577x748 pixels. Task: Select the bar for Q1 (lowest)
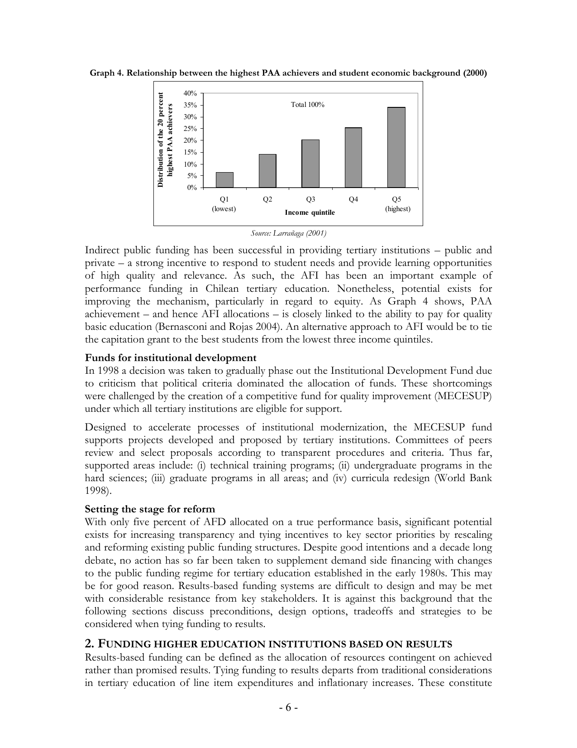pyautogui.click(x=224, y=180)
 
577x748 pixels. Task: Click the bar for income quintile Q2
pyautogui.click(x=267, y=171)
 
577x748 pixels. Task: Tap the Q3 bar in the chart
pyautogui.click(x=310, y=164)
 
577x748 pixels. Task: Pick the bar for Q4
pyautogui.click(x=353, y=158)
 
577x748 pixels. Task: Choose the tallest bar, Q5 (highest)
pyautogui.click(x=396, y=147)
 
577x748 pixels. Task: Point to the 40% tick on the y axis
pyautogui.click(x=190, y=93)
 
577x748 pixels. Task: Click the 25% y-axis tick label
pyautogui.click(x=190, y=129)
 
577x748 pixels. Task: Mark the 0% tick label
pyautogui.click(x=191, y=188)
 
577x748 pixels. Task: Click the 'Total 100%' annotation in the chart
pyautogui.click(x=308, y=105)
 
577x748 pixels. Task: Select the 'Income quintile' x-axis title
pyautogui.click(x=310, y=212)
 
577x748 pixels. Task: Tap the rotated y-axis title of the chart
pyautogui.click(x=165, y=140)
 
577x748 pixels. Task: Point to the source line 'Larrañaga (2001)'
pyautogui.click(x=289, y=233)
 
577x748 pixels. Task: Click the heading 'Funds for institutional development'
pyautogui.click(x=171, y=358)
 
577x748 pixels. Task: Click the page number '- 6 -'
pyautogui.click(x=288, y=720)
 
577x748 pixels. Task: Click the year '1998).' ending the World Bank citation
pyautogui.click(x=98, y=491)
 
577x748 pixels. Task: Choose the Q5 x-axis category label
pyautogui.click(x=397, y=199)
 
